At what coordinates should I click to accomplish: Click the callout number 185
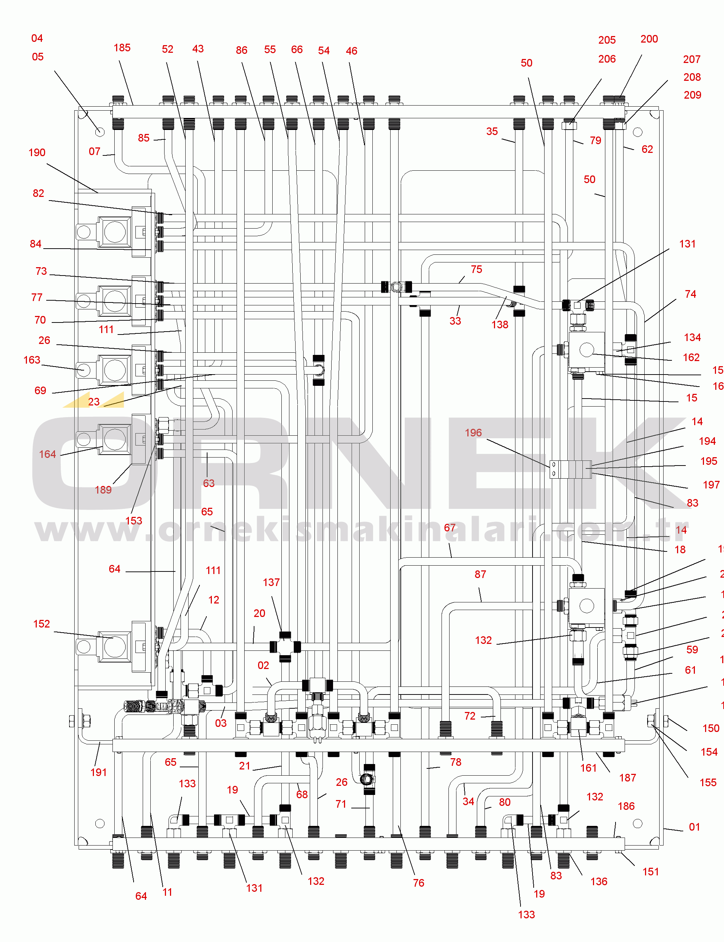coord(122,48)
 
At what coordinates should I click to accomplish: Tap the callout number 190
coord(37,153)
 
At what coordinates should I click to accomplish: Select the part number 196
coord(473,433)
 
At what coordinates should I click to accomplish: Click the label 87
coord(480,574)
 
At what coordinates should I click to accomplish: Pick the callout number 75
coord(476,269)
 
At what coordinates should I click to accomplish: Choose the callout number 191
coord(98,772)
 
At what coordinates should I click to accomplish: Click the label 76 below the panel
coord(419,883)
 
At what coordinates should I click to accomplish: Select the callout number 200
coord(649,39)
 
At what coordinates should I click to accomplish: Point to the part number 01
coord(694,827)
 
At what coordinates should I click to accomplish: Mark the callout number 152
coord(41,624)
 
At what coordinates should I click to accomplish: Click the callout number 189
coord(103,490)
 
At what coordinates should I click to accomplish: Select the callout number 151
coord(651,872)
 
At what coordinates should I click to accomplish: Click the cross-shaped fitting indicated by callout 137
coord(285,646)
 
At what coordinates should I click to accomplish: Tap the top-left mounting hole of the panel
coord(99,132)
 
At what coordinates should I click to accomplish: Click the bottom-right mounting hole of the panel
coord(638,823)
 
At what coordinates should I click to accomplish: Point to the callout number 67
coord(450,528)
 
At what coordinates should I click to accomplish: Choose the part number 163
coord(32,360)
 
